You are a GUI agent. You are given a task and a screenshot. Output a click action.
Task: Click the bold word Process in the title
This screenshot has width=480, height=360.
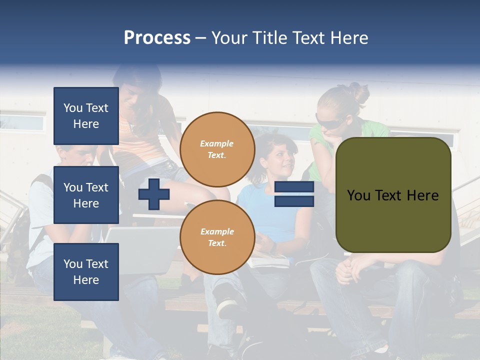[x=157, y=38]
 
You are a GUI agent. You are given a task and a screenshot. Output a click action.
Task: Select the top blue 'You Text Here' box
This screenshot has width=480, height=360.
[x=86, y=116]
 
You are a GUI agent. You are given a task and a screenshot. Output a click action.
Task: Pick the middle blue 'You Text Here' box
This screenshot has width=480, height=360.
[x=86, y=195]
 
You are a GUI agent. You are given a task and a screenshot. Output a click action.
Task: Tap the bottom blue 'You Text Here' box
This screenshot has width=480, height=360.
[x=86, y=271]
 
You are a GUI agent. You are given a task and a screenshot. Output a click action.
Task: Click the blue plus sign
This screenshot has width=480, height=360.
[x=154, y=194]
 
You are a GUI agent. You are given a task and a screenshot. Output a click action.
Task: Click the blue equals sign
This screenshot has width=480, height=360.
[x=294, y=194]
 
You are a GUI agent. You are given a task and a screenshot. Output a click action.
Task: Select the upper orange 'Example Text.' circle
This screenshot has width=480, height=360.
[x=217, y=149]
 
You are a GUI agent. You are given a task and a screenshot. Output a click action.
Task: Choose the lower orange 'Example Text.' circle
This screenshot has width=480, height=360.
[x=217, y=237]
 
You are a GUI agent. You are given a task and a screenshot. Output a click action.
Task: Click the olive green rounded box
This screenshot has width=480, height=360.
[x=393, y=195]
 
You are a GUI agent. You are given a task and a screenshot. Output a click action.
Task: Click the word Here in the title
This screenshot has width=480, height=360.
[x=349, y=38]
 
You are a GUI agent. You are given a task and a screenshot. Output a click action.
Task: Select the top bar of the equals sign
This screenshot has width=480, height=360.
[x=294, y=187]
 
